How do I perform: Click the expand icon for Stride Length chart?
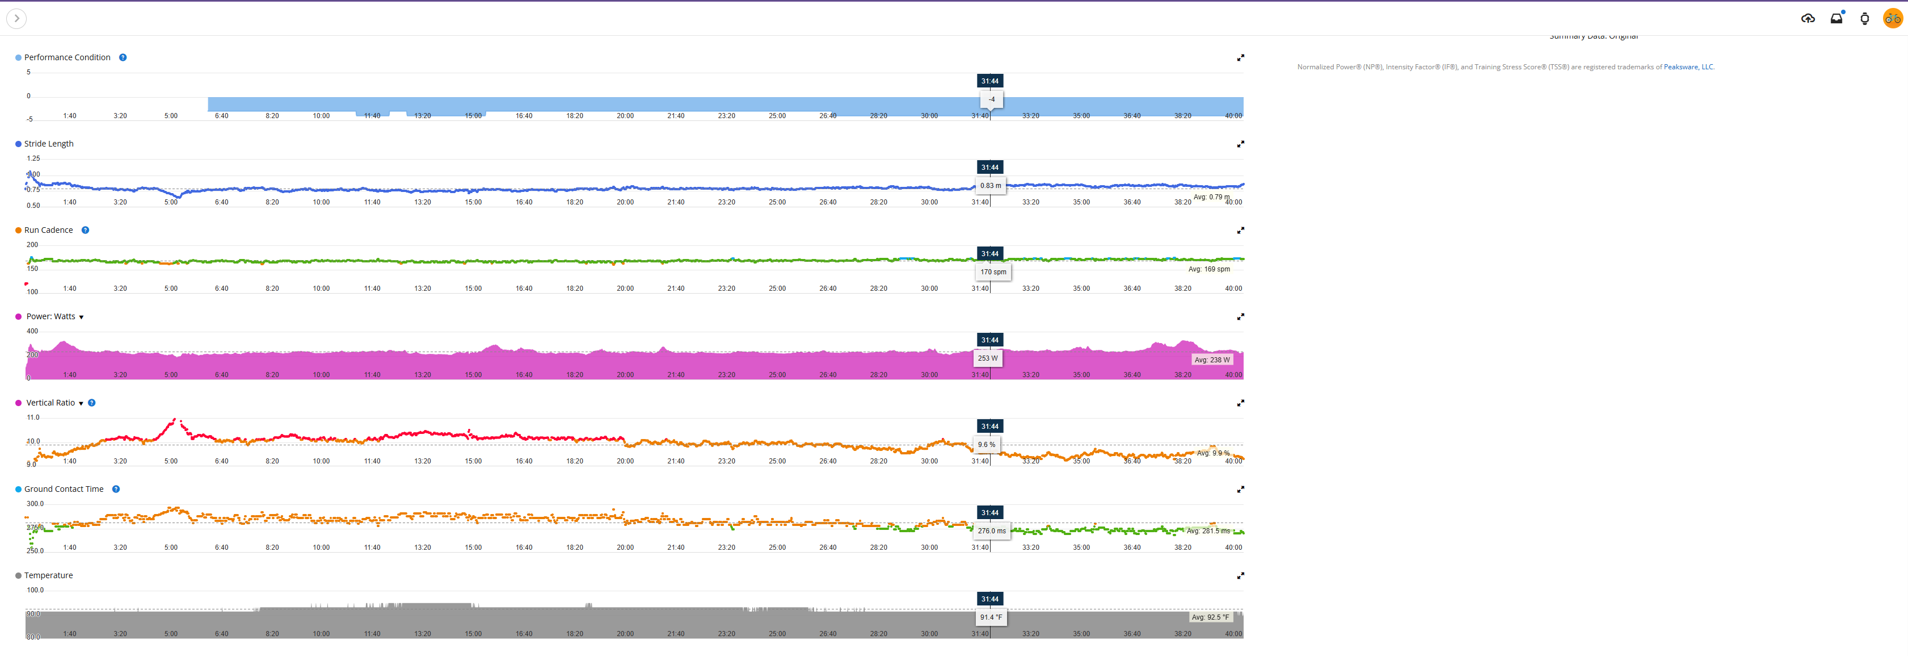click(1241, 144)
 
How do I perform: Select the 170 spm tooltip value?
click(993, 272)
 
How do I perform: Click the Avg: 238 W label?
click(1212, 360)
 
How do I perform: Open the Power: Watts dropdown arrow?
click(82, 317)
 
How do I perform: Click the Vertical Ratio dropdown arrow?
click(82, 404)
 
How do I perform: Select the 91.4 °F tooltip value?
click(991, 617)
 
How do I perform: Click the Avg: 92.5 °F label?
click(1210, 617)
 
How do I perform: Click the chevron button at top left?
click(16, 19)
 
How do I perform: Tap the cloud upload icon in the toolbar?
click(1808, 19)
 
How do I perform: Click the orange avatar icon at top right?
click(1893, 19)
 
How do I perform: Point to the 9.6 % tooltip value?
click(987, 445)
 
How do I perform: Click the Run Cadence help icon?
click(85, 231)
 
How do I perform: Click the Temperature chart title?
click(48, 576)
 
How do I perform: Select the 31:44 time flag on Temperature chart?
click(989, 599)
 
